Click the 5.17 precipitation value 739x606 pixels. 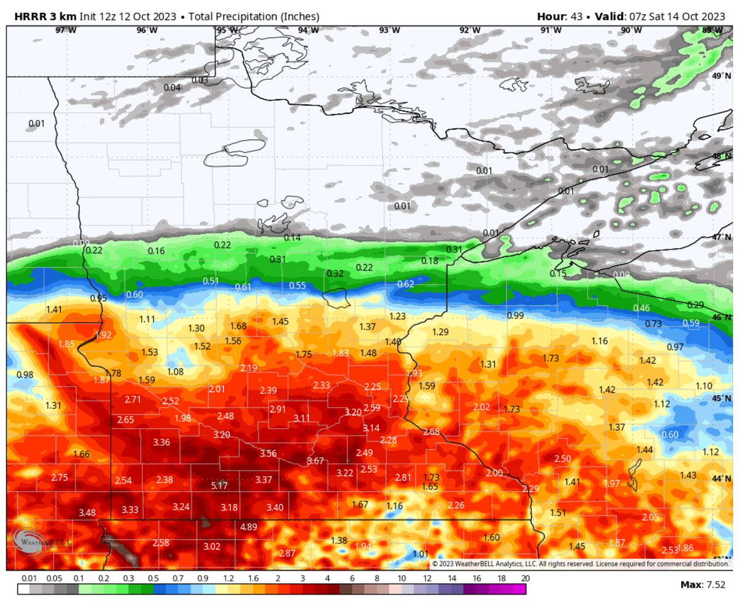pos(219,485)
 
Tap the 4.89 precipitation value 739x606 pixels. pos(249,527)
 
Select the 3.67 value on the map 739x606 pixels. pos(315,461)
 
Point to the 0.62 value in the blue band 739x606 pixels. pos(405,284)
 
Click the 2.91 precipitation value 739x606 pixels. pos(278,409)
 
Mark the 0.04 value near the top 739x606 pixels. pos(172,87)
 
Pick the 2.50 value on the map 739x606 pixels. pos(563,459)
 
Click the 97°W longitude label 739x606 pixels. pos(67,30)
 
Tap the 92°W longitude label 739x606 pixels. pos(470,30)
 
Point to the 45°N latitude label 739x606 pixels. pos(721,399)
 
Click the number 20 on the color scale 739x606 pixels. pos(525,579)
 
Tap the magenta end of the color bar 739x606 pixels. pos(520,589)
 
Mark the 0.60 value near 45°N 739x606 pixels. pos(670,434)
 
